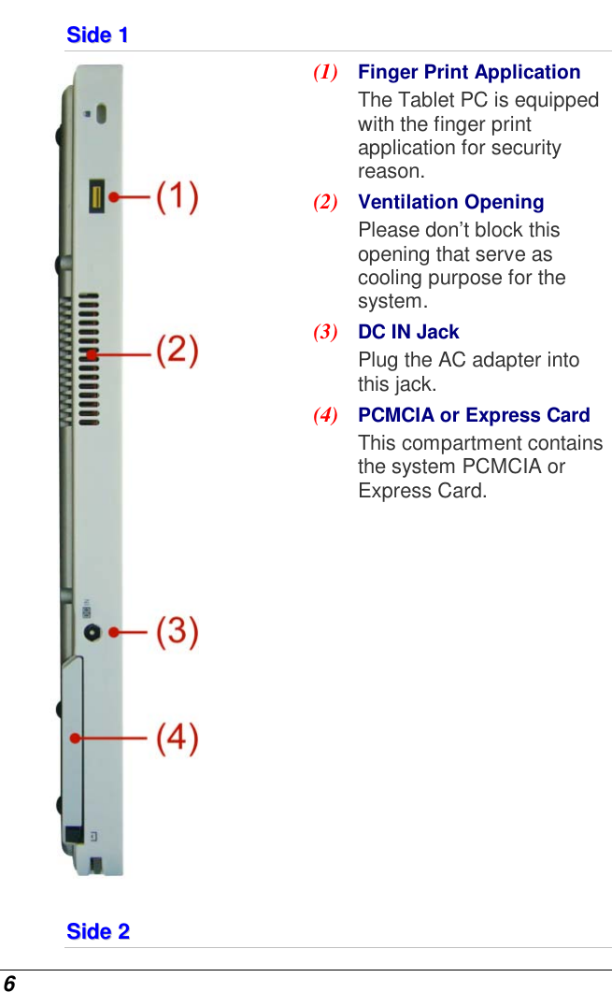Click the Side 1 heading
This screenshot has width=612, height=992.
tap(97, 35)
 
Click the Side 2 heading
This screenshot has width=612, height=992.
tap(97, 931)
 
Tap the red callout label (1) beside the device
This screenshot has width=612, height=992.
tap(177, 196)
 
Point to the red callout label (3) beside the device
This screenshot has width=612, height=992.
tap(177, 632)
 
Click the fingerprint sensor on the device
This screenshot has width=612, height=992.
tap(97, 196)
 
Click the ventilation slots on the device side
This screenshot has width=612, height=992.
tap(88, 355)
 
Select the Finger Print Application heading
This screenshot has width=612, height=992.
tap(469, 72)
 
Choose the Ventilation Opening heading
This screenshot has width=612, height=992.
tap(450, 202)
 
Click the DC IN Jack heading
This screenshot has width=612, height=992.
tap(408, 332)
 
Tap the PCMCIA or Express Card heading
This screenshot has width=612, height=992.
tap(474, 415)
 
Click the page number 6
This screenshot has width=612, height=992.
tap(9, 983)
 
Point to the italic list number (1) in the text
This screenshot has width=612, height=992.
tap(325, 72)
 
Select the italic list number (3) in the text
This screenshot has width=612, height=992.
tap(325, 332)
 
